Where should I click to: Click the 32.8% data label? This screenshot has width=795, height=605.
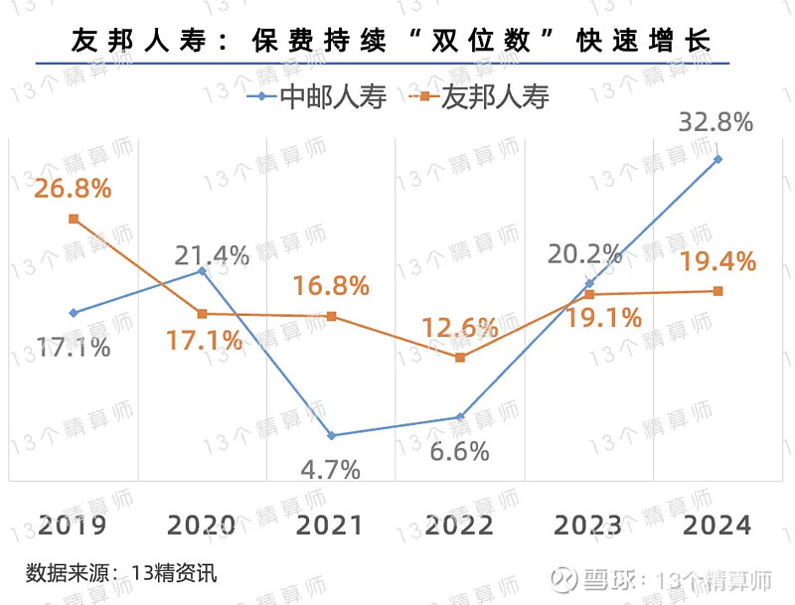tap(715, 123)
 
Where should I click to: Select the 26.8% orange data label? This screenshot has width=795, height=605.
tap(73, 188)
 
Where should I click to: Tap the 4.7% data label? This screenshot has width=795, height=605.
tap(330, 469)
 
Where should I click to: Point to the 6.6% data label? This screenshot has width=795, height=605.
tap(459, 451)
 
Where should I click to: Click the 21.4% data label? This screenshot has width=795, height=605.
tap(212, 255)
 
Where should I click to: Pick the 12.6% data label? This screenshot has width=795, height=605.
tap(459, 327)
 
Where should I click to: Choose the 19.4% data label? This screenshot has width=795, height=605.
tap(718, 262)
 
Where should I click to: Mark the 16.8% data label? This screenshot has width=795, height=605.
tap(331, 286)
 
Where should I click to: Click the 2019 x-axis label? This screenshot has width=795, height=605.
tap(73, 525)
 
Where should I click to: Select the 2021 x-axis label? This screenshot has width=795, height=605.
tap(330, 525)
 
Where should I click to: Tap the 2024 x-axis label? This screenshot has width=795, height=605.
tap(718, 525)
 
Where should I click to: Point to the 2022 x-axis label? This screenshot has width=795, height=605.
tap(459, 525)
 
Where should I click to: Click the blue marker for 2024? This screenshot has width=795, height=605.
tap(717, 159)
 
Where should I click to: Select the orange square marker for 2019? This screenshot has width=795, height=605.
tap(74, 219)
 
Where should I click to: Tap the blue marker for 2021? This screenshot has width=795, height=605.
tap(331, 436)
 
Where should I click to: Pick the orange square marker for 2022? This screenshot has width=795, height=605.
tap(460, 357)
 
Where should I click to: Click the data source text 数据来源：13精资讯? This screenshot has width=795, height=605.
tap(121, 573)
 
